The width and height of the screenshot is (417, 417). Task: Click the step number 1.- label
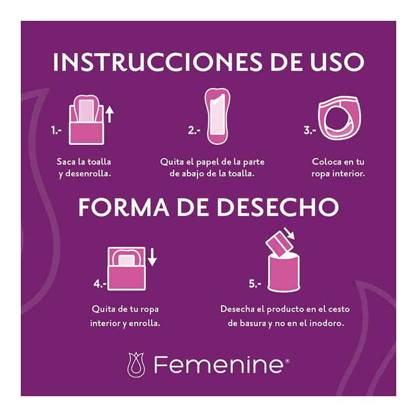point(56,131)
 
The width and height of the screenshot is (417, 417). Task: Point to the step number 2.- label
point(194,131)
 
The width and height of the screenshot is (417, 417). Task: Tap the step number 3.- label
point(310,131)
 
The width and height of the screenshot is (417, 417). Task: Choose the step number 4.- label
point(100,284)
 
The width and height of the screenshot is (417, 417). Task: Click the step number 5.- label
point(255,284)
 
